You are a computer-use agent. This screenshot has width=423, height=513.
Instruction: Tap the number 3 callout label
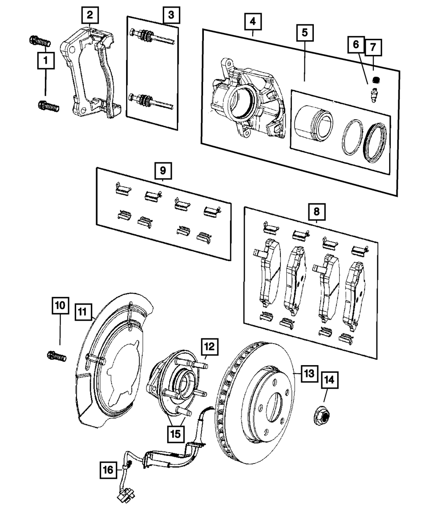coord(171,16)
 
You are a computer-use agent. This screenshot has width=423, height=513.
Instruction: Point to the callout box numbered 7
coord(373,48)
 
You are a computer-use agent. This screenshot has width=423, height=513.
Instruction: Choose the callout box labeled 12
coord(209,347)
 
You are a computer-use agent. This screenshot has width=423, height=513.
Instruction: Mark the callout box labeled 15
coord(176,433)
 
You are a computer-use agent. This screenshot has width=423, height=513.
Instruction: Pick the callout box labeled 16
coord(109,469)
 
